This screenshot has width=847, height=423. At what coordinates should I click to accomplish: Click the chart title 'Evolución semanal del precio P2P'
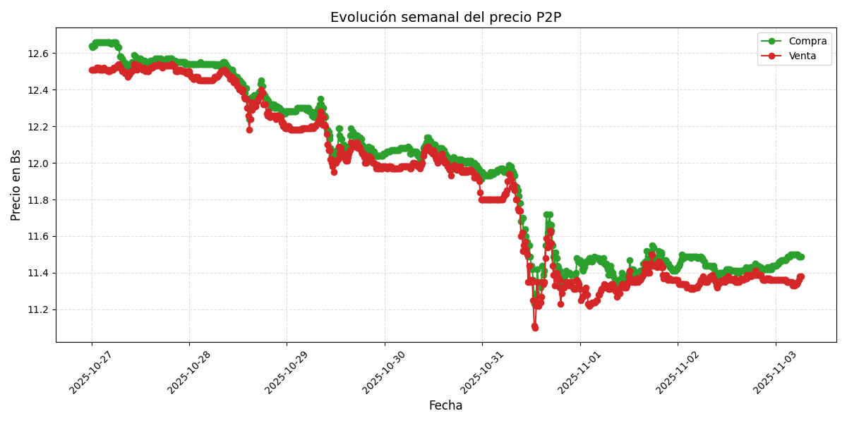point(445,18)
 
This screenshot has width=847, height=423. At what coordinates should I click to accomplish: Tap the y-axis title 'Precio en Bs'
point(16,185)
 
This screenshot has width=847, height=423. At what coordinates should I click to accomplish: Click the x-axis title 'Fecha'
point(445,405)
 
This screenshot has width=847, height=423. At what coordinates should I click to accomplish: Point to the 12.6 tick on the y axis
point(40,54)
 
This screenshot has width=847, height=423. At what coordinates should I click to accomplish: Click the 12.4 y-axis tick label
point(40,90)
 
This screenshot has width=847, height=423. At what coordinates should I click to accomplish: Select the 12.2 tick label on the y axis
point(40,127)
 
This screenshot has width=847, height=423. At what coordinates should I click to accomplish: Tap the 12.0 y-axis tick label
point(40,164)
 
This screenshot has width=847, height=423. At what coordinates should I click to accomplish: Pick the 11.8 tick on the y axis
point(40,200)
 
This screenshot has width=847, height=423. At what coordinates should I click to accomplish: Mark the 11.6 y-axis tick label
point(40,237)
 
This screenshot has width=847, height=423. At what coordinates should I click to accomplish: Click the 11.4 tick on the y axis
point(40,274)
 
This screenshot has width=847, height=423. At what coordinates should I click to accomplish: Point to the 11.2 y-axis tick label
point(40,310)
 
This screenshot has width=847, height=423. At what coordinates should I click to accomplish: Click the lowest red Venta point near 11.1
point(535,328)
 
